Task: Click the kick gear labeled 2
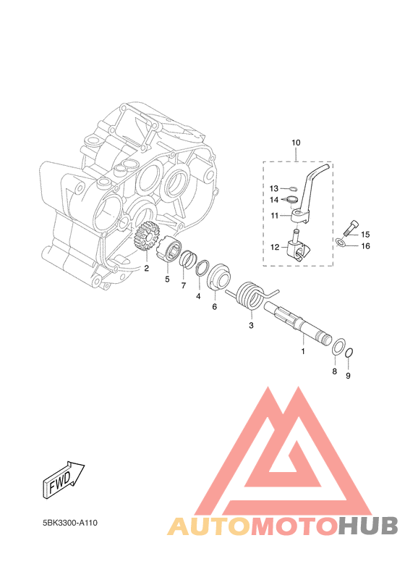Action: point(148,237)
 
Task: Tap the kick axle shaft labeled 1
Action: point(299,324)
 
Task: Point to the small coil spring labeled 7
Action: point(189,259)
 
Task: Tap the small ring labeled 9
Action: point(349,353)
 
